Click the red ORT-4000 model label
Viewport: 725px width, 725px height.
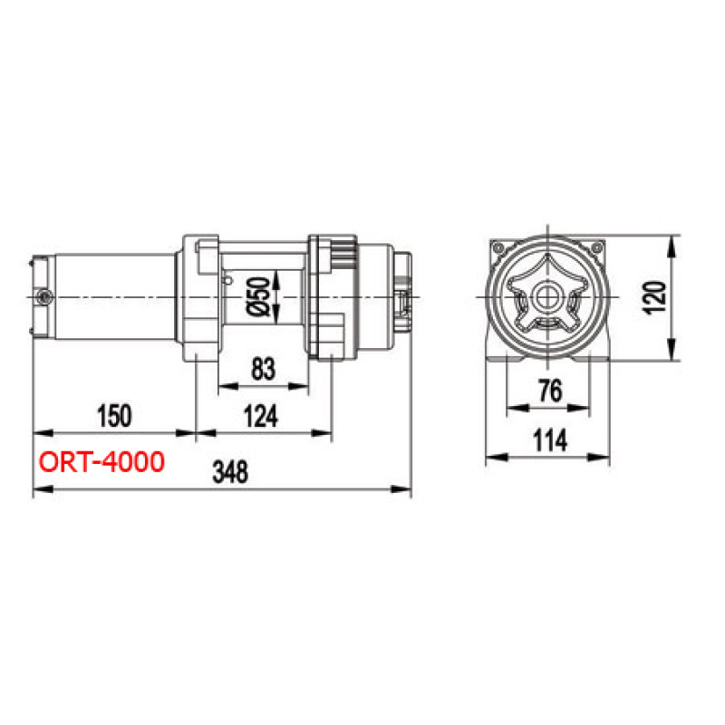(x=101, y=462)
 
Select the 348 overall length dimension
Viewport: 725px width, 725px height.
(x=230, y=471)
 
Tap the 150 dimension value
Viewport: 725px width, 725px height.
(x=114, y=415)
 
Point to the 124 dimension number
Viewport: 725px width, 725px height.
(x=261, y=416)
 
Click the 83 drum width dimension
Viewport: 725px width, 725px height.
(x=263, y=369)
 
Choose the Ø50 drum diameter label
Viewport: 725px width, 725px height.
(x=258, y=296)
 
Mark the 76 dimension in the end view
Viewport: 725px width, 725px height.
(x=550, y=391)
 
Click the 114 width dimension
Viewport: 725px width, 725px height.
(x=550, y=440)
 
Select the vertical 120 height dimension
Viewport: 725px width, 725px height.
(x=654, y=297)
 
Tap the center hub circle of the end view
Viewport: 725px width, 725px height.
(x=548, y=297)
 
